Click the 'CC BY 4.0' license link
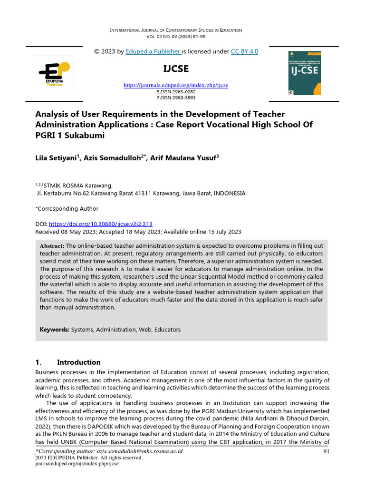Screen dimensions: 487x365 (x=244, y=51)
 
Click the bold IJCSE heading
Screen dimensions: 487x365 (x=176, y=69)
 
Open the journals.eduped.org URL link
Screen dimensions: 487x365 (x=176, y=85)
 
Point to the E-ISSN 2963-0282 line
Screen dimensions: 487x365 (x=176, y=91)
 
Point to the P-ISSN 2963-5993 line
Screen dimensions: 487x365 (x=176, y=97)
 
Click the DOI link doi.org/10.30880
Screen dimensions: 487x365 (x=100, y=224)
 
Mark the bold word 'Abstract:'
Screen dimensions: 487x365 (x=52, y=245)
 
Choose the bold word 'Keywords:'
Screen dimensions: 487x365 (x=55, y=330)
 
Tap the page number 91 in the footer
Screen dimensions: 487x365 (x=326, y=451)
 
